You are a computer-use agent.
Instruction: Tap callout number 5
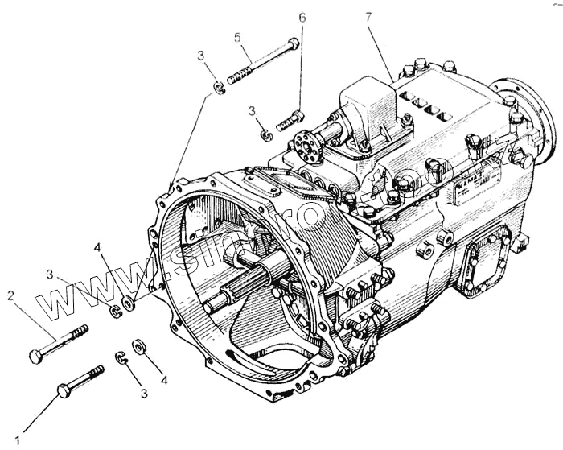coord(238,37)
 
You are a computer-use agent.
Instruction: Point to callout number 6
coord(302,17)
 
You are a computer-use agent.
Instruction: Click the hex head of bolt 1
coord(64,390)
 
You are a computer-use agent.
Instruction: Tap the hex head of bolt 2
coord(36,355)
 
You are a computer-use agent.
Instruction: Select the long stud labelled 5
coord(262,61)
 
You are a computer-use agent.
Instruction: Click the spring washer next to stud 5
coord(218,87)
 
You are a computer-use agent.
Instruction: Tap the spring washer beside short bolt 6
coord(267,133)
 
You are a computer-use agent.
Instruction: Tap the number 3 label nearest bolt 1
coord(144,394)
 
